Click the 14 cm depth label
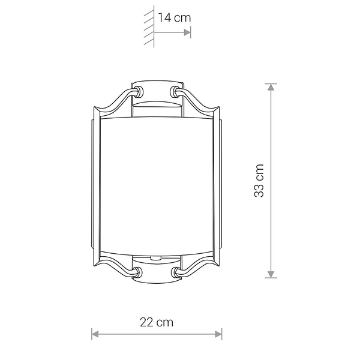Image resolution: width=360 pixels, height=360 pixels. [x=175, y=18]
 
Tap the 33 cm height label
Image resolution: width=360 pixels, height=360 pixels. [x=259, y=181]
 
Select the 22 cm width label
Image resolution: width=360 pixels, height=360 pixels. [x=157, y=322]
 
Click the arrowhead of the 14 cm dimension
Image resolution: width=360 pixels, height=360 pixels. [x=187, y=32]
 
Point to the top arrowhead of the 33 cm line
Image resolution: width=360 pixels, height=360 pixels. [x=271, y=87]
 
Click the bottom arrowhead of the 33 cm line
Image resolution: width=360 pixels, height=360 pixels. [x=271, y=275]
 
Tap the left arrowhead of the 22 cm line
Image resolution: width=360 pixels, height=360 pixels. [x=95, y=334]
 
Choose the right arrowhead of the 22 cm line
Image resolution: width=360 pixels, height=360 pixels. [x=218, y=334]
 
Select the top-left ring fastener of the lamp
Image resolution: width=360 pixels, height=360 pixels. [x=139, y=92]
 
